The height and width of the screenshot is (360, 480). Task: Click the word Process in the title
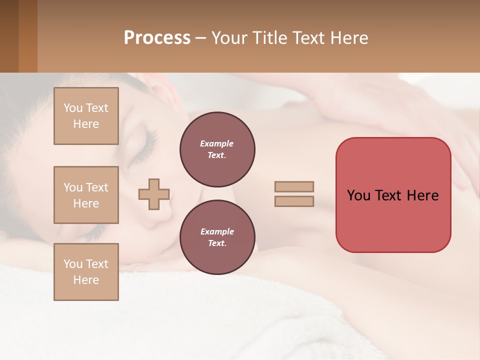(157, 38)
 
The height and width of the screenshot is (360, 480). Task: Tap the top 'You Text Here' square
(86, 116)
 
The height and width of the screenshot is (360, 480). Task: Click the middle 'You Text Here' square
(86, 195)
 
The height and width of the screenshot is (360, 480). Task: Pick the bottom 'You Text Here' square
(86, 272)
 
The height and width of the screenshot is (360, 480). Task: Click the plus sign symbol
(154, 194)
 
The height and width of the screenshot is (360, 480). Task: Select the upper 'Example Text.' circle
(217, 149)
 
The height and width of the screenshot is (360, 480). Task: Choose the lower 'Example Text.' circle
(217, 237)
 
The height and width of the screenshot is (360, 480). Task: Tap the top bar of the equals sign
(294, 186)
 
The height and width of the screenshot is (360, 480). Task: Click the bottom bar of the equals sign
(294, 201)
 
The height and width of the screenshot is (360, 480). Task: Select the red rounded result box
(393, 195)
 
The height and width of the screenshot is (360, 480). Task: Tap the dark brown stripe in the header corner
(9, 36)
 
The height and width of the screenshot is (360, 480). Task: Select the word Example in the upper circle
(217, 143)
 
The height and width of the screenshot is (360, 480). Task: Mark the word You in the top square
(73, 108)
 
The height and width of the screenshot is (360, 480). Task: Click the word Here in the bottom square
(86, 280)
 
